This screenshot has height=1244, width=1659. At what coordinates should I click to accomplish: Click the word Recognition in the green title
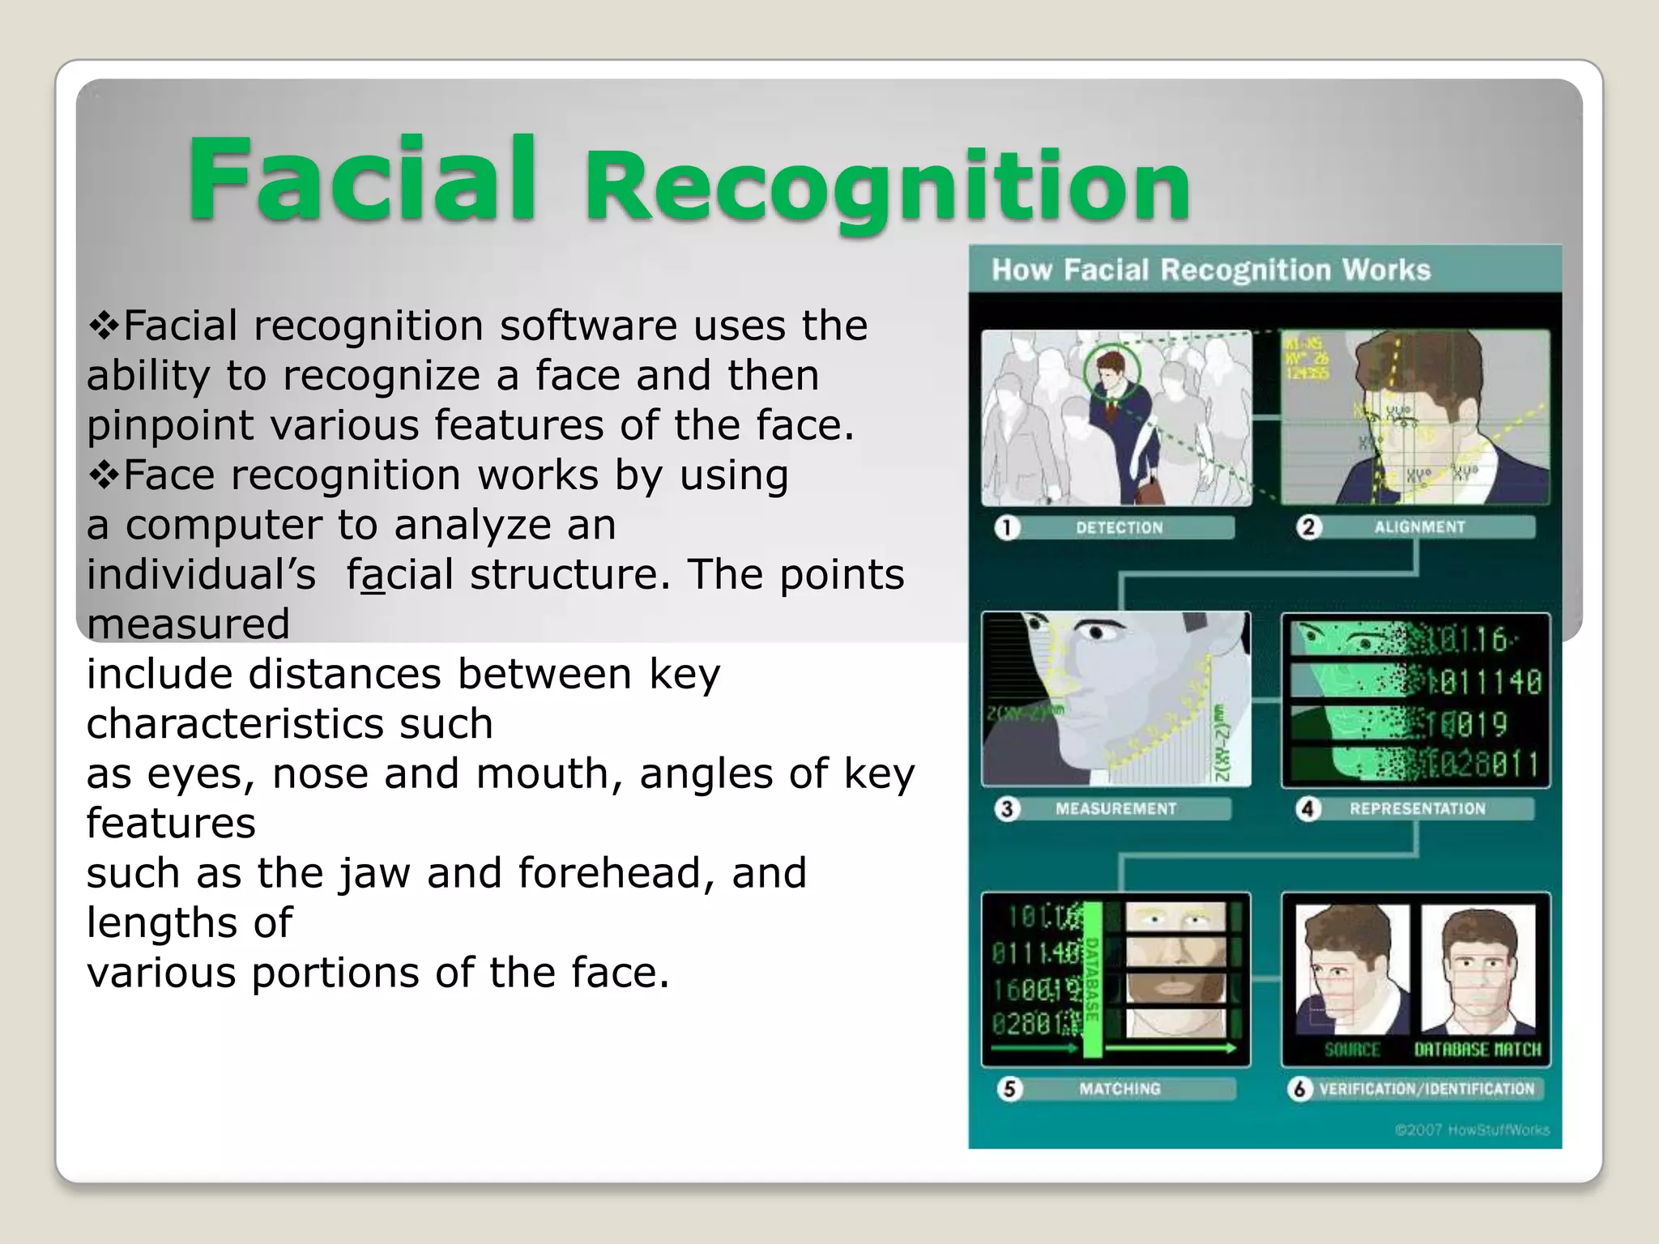click(886, 188)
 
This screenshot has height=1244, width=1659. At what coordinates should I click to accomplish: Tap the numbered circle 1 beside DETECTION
click(1007, 528)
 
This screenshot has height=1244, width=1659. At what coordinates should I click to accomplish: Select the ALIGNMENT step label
click(1419, 527)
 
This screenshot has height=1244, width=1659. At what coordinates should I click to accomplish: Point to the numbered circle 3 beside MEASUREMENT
click(1007, 809)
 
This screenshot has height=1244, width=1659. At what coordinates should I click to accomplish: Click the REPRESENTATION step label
click(1417, 808)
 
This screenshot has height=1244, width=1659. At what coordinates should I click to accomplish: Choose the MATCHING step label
click(1120, 1089)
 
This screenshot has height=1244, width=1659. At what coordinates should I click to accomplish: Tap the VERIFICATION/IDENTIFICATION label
click(1427, 1089)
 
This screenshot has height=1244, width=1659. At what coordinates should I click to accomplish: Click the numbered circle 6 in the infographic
click(1299, 1089)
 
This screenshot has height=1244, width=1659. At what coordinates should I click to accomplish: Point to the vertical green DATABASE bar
click(1091, 980)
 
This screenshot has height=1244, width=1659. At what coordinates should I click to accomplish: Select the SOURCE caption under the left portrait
click(1351, 1050)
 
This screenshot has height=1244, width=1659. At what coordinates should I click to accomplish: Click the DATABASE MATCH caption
click(1478, 1050)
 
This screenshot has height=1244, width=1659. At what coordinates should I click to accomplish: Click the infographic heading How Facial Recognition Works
click(1211, 270)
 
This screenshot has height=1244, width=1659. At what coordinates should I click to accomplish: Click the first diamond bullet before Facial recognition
click(104, 326)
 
